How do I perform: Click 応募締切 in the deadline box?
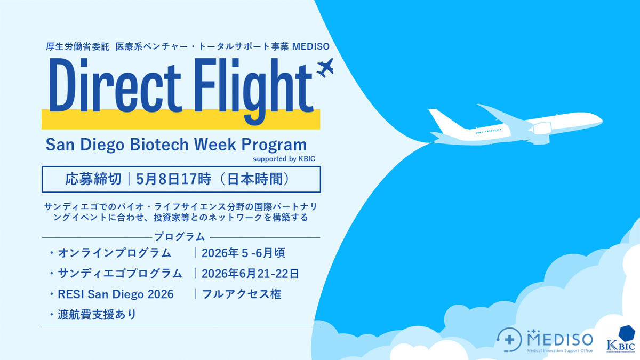coord(91,179)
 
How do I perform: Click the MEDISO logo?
coord(544,340)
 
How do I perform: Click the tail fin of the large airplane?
coord(440,119)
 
